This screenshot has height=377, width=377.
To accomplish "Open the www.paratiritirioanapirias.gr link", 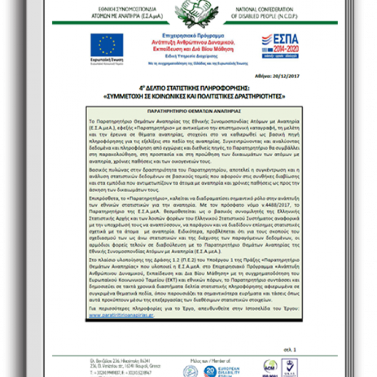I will [121, 315].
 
